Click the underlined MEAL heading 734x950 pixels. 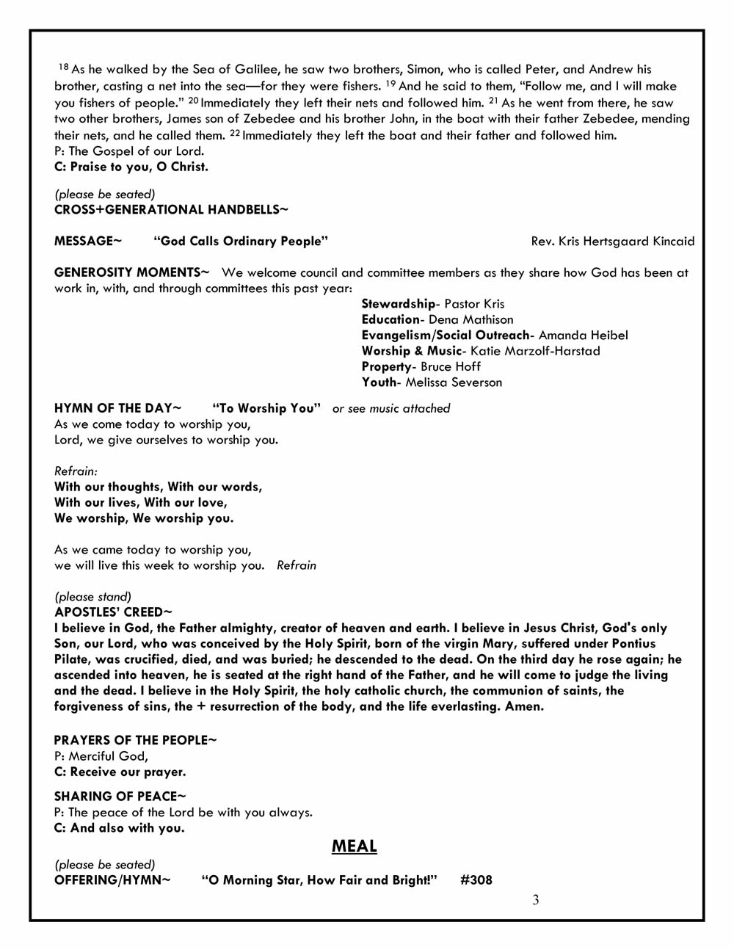[x=354, y=846]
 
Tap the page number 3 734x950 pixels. [x=536, y=900]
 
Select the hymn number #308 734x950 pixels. [x=476, y=880]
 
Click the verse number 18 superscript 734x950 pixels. [x=63, y=68]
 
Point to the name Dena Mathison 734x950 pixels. [x=470, y=320]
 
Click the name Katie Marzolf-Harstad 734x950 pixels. [x=535, y=351]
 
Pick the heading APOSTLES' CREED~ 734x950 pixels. [x=113, y=612]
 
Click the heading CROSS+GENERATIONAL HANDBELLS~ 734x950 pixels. [x=171, y=210]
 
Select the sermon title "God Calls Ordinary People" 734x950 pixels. [x=241, y=242]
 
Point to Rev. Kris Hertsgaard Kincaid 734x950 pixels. [x=612, y=242]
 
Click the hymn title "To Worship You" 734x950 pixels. [x=266, y=408]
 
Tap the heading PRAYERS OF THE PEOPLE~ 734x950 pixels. [x=135, y=740]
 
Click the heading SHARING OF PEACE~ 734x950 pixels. [x=120, y=797]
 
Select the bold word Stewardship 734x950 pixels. [x=398, y=304]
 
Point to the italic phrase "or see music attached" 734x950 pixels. [x=391, y=409]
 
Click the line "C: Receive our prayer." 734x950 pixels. [x=120, y=772]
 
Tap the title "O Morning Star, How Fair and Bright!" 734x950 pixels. [x=319, y=880]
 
